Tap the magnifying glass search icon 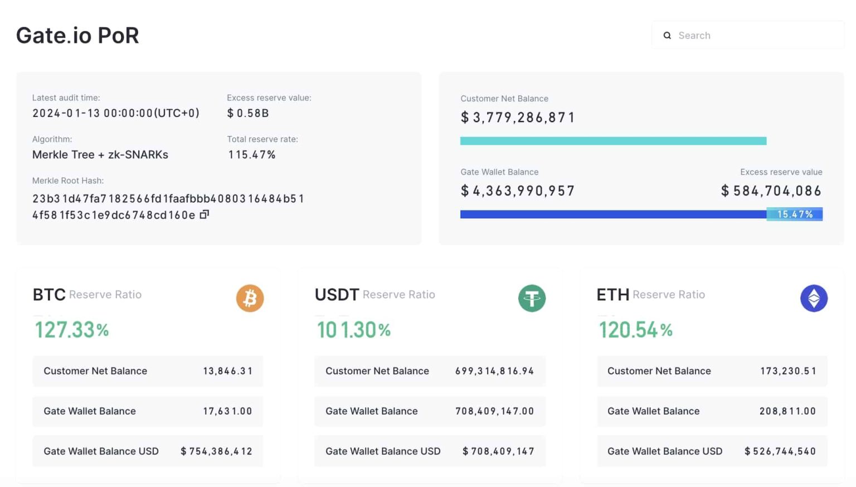pyautogui.click(x=667, y=36)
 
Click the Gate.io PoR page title pyautogui.click(x=77, y=36)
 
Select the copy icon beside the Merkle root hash pyautogui.click(x=205, y=215)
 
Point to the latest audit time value pyautogui.click(x=115, y=113)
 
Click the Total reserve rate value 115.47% pyautogui.click(x=252, y=155)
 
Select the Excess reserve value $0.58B pyautogui.click(x=248, y=113)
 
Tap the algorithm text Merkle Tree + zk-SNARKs pyautogui.click(x=100, y=155)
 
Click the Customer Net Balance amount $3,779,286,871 pyautogui.click(x=518, y=118)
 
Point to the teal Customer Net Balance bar pyautogui.click(x=613, y=141)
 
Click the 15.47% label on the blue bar pyautogui.click(x=795, y=215)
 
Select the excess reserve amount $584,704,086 pyautogui.click(x=771, y=191)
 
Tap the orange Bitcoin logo pyautogui.click(x=250, y=298)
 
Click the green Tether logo pyautogui.click(x=532, y=298)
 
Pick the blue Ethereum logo pyautogui.click(x=814, y=298)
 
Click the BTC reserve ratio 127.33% pyautogui.click(x=72, y=330)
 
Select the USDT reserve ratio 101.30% pyautogui.click(x=354, y=330)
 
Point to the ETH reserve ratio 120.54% pyautogui.click(x=636, y=330)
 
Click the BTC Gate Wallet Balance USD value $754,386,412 pyautogui.click(x=216, y=451)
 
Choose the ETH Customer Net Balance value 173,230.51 pyautogui.click(x=788, y=371)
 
